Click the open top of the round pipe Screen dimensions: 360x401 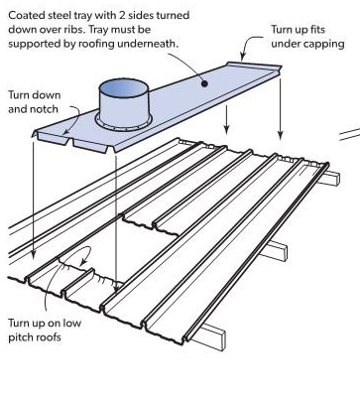tap(124, 88)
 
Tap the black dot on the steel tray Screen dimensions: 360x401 tap(204, 83)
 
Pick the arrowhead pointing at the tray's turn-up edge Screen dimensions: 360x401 tap(243, 57)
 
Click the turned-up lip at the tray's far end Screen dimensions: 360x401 tap(254, 66)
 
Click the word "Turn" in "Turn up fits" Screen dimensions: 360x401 tap(281, 30)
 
